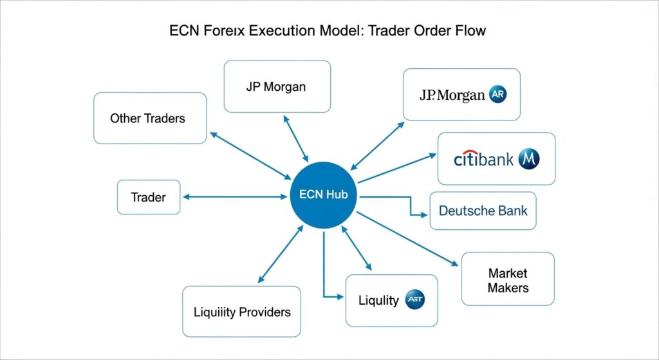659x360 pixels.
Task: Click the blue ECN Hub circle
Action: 324,195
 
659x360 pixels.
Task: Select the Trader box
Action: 149,197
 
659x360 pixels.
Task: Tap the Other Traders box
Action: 150,118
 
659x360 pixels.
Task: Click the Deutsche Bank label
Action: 483,211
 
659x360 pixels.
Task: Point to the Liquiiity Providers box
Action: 241,312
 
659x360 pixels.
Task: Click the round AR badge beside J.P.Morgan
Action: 498,95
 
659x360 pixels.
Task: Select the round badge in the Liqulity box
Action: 414,300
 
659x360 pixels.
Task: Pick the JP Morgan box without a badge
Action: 277,86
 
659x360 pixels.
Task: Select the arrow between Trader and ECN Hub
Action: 234,197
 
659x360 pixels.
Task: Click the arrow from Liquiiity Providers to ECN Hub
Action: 280,255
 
